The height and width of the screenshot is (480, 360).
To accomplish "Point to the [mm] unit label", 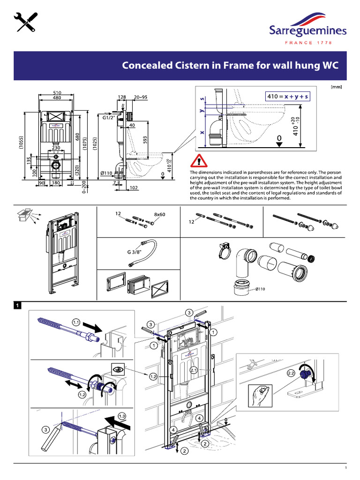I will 336,87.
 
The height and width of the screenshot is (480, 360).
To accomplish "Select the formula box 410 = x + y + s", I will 286,97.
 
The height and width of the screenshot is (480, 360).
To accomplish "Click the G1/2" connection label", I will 109,119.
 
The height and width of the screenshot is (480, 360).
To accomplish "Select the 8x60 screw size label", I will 160,214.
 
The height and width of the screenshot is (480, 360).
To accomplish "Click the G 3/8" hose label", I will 135,252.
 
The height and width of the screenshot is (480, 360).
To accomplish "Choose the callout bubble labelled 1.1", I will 77,322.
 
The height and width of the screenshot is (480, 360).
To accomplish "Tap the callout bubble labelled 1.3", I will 122,416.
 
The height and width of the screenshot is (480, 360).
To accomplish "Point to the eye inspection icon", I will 117,368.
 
